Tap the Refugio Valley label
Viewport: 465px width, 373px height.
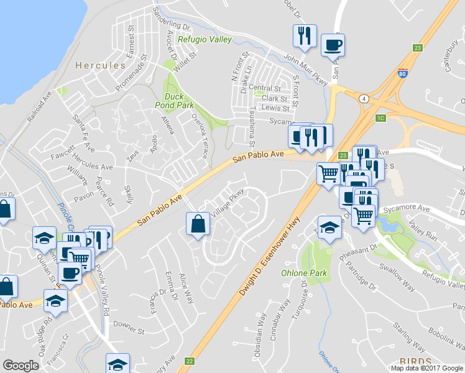click(205, 40)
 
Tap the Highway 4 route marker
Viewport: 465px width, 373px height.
click(362, 98)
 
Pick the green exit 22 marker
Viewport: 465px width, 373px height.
click(190, 361)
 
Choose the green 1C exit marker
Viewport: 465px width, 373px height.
click(381, 117)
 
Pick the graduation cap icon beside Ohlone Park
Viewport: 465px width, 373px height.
click(329, 228)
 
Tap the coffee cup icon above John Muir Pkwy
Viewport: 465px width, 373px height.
click(333, 45)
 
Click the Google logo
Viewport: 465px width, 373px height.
click(21, 366)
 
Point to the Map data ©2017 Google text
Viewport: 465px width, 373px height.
click(427, 368)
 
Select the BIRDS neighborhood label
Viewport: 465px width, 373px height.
click(415, 361)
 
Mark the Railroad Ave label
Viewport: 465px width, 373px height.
click(39, 108)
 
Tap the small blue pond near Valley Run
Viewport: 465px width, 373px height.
click(389, 227)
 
